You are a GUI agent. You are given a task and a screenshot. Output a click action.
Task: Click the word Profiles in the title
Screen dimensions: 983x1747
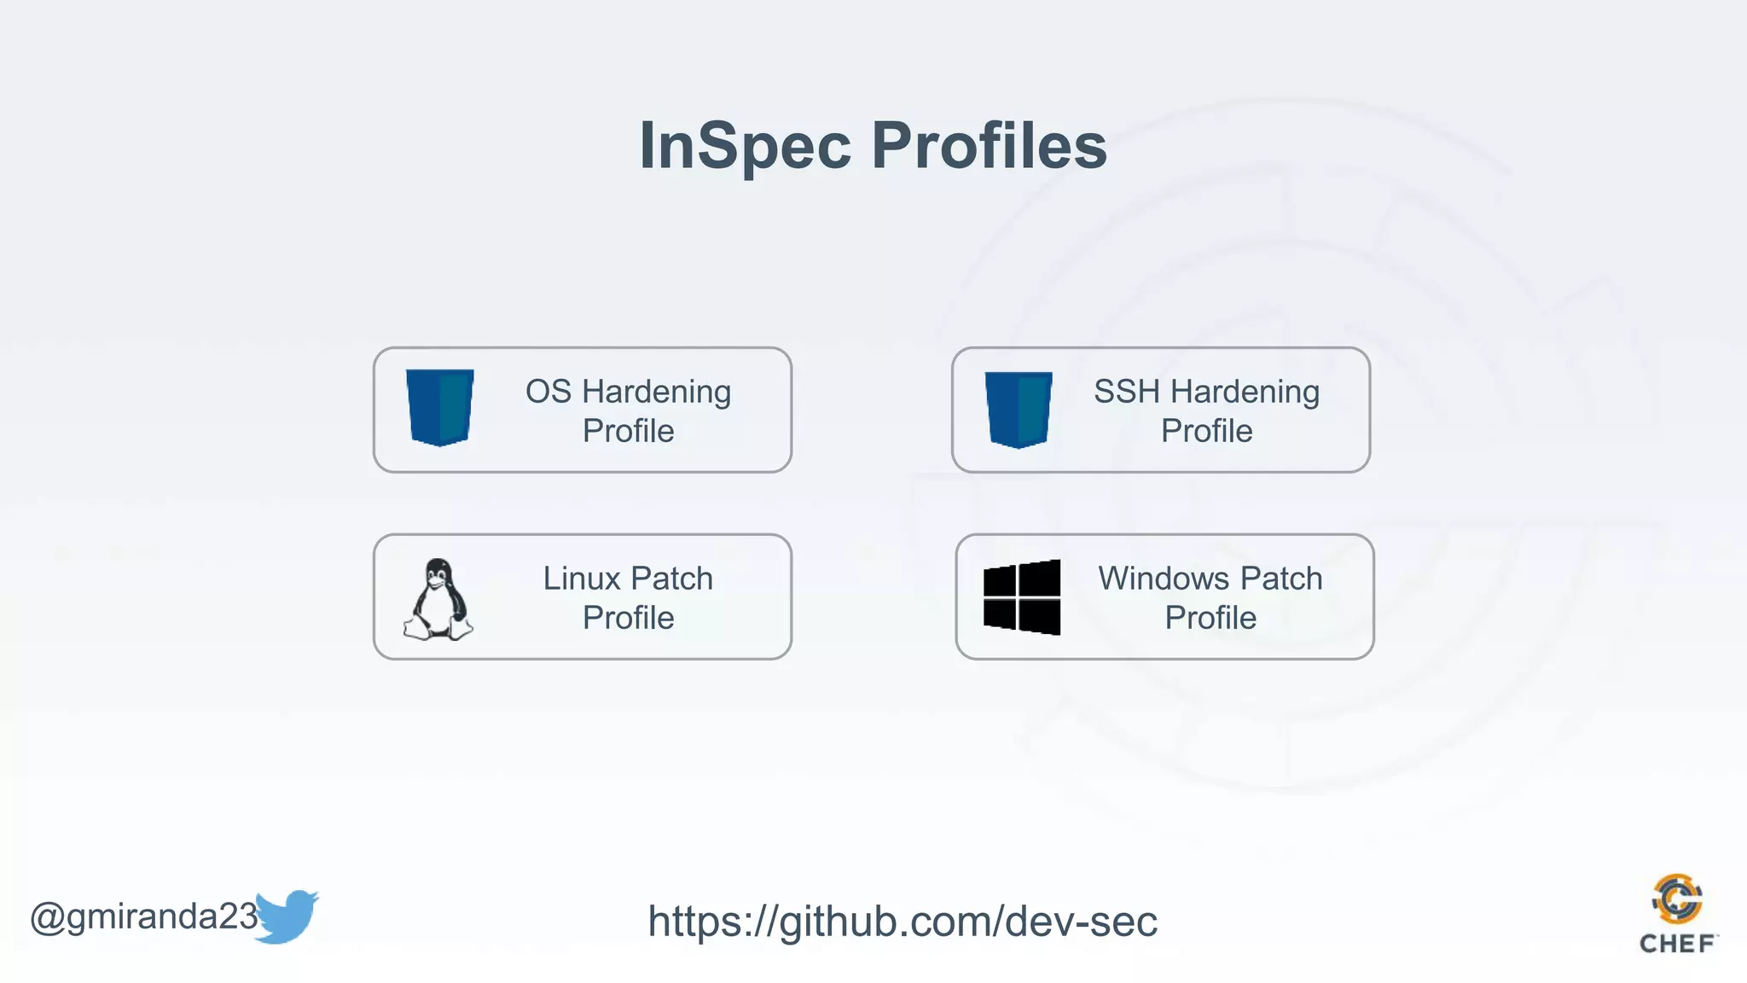989,145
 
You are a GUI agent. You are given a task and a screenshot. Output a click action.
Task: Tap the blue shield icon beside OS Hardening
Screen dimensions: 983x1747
439,407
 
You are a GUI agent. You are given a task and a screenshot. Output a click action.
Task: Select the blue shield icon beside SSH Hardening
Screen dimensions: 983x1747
1018,409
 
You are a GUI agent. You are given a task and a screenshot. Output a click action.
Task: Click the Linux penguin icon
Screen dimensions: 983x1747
438,599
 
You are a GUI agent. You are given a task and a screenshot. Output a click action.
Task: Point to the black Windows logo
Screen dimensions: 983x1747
1022,597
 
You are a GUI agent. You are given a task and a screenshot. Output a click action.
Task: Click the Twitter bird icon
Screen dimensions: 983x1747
287,916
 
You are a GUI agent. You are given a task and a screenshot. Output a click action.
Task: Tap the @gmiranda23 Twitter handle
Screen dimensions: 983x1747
142,916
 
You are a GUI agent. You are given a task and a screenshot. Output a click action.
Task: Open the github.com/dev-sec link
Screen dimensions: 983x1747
903,922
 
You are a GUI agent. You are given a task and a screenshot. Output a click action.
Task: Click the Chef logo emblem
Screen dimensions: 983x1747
1677,899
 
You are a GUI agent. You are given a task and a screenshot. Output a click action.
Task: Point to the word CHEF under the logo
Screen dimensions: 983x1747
1677,944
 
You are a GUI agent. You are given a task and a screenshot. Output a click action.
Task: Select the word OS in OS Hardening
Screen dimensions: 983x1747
548,392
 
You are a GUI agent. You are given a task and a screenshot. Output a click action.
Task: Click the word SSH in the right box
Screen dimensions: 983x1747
1127,392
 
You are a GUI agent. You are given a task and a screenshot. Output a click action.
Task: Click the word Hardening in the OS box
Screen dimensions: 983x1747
656,392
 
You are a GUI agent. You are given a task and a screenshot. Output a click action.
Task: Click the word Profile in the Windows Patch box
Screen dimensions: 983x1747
1210,618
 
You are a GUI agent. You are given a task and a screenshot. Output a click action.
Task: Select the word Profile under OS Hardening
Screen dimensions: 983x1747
628,431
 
